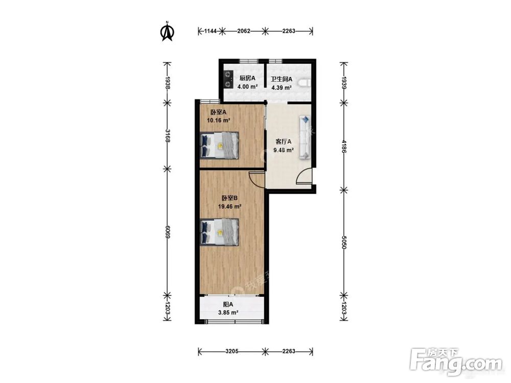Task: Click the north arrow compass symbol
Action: point(168,31)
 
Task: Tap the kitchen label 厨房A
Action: point(247,79)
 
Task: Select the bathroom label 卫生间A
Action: point(282,79)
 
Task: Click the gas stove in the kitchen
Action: point(228,80)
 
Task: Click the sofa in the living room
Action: point(305,137)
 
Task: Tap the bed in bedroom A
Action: point(219,145)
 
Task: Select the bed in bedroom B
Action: point(219,232)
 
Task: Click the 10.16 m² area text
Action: point(219,120)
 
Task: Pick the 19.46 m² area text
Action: point(230,206)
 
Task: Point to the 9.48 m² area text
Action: point(284,150)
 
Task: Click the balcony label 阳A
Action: point(228,305)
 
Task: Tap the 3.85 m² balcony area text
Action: point(228,313)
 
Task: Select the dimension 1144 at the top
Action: point(210,31)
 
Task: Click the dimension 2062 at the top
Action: point(244,31)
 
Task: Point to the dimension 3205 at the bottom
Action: point(232,351)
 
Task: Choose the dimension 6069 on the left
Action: point(168,232)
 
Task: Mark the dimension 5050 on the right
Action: point(344,242)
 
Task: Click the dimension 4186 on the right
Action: point(344,147)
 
